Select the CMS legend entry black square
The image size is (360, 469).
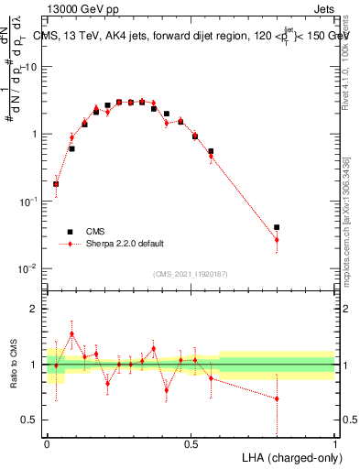(68, 232)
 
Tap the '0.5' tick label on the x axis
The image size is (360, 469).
(191, 442)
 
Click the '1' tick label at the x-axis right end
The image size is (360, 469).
(334, 442)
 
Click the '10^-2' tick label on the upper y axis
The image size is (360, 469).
(29, 267)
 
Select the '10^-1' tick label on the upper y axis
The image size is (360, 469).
(29, 201)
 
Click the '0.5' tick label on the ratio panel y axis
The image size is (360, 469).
(29, 420)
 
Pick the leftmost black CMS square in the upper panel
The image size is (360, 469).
(56, 184)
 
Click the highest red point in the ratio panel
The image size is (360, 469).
(72, 334)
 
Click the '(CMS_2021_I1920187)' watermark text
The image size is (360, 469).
(191, 273)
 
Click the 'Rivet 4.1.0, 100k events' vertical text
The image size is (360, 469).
(344, 73)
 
